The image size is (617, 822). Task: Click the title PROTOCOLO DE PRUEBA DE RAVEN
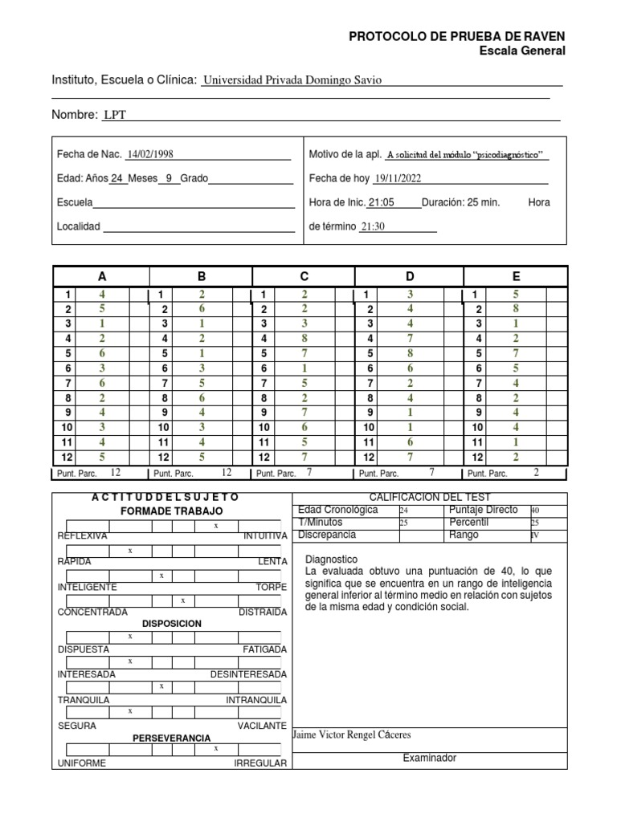pyautogui.click(x=456, y=36)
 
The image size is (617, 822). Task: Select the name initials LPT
pyautogui.click(x=116, y=115)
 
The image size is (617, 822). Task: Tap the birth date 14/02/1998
pyautogui.click(x=150, y=154)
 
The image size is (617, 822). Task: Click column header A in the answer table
pyautogui.click(x=101, y=276)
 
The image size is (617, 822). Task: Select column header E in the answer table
pyautogui.click(x=516, y=276)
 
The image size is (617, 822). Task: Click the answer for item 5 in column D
pyautogui.click(x=410, y=352)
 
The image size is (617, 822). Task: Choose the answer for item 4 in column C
pyautogui.click(x=304, y=338)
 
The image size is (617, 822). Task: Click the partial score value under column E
pyautogui.click(x=537, y=473)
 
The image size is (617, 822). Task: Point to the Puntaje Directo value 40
pyautogui.click(x=535, y=511)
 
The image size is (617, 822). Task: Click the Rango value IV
pyautogui.click(x=534, y=535)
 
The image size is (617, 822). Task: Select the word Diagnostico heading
pyautogui.click(x=332, y=559)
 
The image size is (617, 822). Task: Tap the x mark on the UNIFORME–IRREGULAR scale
pyautogui.click(x=215, y=747)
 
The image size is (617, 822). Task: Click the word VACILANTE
pyautogui.click(x=262, y=726)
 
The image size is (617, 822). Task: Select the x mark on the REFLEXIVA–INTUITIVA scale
pyautogui.click(x=215, y=526)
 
